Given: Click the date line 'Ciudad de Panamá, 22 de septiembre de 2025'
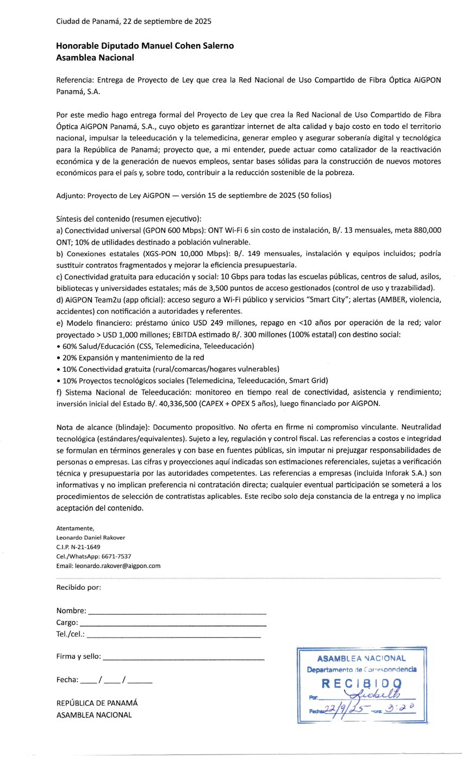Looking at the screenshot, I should (134, 22).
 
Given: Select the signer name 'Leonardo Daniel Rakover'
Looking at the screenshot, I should (91, 538).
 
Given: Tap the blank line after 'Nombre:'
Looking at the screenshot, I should (177, 613).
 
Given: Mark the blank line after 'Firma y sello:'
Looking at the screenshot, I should (183, 658).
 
